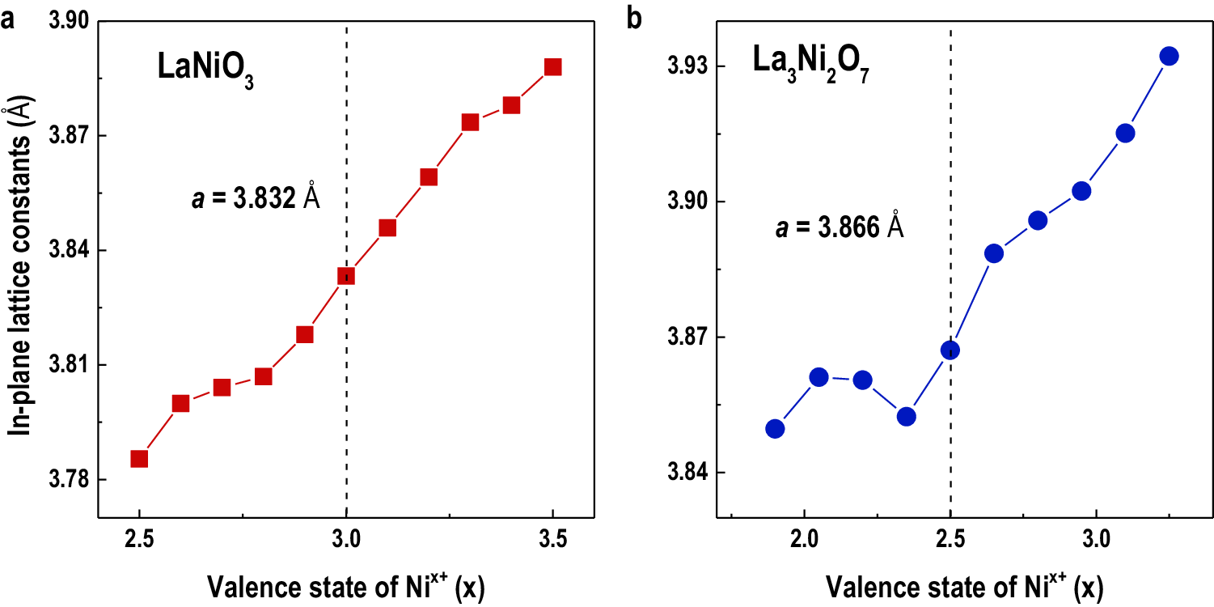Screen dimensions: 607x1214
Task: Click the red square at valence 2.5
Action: pos(139,459)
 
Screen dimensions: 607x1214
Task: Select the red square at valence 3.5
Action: pos(553,66)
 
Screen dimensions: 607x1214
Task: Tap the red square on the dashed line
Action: pos(346,276)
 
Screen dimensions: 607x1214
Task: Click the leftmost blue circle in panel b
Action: pos(775,428)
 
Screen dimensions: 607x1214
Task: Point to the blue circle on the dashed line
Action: pos(950,350)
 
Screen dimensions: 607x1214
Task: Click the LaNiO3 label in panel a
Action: pos(205,70)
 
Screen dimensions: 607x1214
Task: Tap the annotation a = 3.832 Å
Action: pos(256,199)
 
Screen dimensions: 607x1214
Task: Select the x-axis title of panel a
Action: pos(345,586)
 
